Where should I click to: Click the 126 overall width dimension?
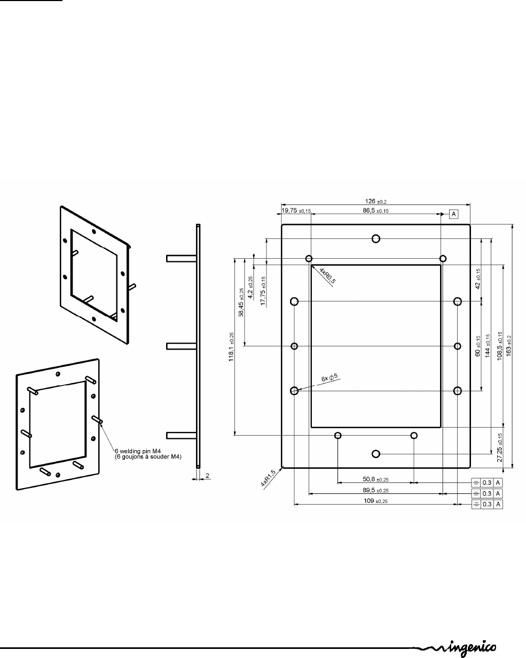[375, 201]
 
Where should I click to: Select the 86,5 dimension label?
[375, 211]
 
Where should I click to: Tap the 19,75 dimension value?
[296, 211]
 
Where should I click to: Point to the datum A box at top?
[453, 214]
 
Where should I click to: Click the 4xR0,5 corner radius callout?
[327, 275]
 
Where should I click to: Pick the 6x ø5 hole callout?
[329, 377]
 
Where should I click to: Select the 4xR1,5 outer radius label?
[268, 478]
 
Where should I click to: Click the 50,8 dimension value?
[375, 479]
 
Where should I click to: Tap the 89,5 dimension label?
[375, 490]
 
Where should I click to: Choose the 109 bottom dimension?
[375, 500]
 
